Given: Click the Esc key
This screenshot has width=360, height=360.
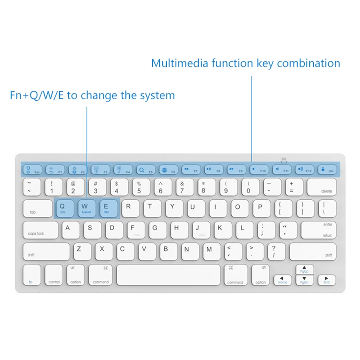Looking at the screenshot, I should (x=31, y=170).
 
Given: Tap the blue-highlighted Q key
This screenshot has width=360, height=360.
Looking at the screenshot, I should (x=65, y=208).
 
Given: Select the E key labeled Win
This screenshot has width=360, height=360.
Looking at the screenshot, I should (x=108, y=208).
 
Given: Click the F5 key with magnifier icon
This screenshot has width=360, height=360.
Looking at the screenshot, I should (x=145, y=170).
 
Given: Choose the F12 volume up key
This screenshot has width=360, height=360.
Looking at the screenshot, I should (x=304, y=170).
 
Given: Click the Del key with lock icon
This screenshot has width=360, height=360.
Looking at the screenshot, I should (x=327, y=170).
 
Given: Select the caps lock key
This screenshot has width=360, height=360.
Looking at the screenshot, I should (x=40, y=229).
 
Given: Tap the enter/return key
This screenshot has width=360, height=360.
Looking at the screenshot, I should (x=319, y=229).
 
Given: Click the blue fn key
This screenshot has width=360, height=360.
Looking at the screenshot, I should (x=31, y=274).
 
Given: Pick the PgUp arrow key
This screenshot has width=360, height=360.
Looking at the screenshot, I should (x=305, y=269).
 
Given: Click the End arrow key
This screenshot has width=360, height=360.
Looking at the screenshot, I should (x=327, y=280).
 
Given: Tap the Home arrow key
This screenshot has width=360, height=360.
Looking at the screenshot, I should (x=283, y=280).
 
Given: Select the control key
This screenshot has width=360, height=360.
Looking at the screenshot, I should (x=54, y=274).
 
